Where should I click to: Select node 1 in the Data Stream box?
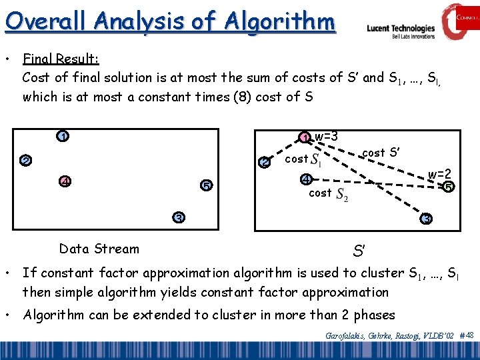point(61,137)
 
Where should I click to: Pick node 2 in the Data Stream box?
point(25,161)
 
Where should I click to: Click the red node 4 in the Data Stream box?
point(65,181)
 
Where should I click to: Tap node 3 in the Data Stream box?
point(179,217)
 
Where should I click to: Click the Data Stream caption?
point(99,249)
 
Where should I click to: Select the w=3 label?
point(326,137)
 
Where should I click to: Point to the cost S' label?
point(381,153)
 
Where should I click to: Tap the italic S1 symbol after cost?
point(317,161)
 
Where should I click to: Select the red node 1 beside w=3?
point(304,138)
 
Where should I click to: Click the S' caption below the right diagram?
point(359,252)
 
